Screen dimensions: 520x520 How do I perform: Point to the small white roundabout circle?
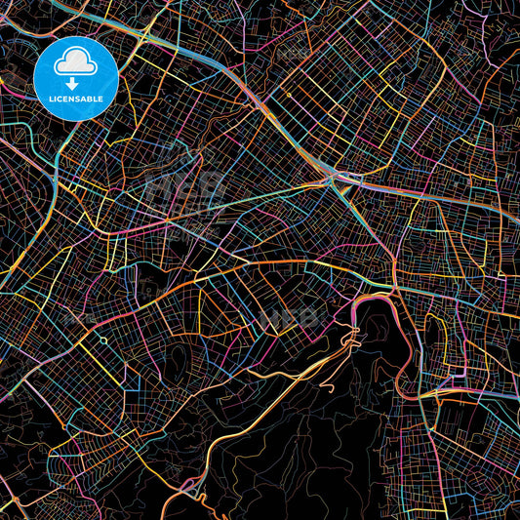click(x=102, y=340)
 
